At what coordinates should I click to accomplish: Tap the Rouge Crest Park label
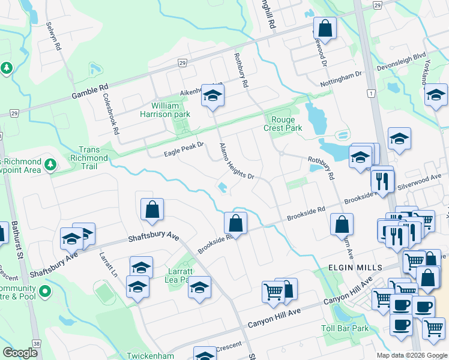tap(283, 124)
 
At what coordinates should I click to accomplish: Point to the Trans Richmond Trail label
tap(93, 154)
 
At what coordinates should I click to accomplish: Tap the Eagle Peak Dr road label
tap(185, 149)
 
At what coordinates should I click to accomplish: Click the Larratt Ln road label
tap(109, 264)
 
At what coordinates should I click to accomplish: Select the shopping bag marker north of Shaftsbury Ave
tap(152, 209)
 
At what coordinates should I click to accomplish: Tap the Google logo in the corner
tap(20, 353)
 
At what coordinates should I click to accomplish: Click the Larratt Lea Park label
tap(180, 274)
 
